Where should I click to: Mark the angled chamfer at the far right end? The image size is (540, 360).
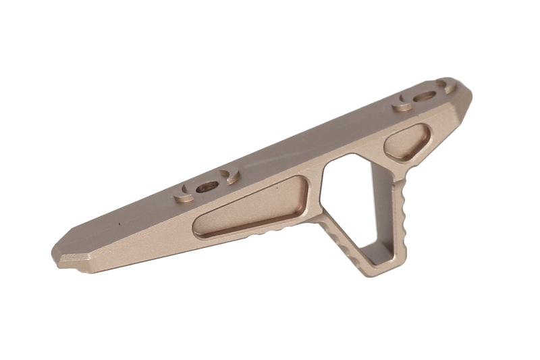pos(466,101)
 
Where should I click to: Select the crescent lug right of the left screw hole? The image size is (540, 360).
pos(230,177)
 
